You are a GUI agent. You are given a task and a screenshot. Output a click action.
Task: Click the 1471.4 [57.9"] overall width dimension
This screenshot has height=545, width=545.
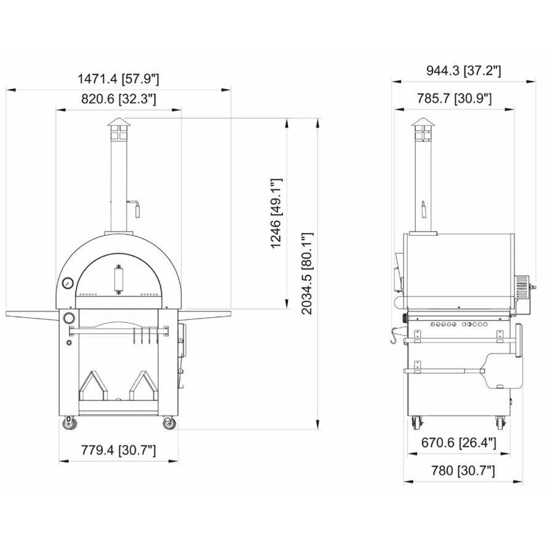coord(118,78)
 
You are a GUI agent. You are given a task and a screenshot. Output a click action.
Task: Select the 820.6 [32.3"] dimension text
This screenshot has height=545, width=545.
coord(118,98)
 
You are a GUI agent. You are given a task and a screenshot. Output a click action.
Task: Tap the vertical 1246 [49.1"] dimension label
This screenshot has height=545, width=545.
coord(277,213)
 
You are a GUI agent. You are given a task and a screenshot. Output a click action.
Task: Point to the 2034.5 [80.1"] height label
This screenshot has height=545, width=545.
coord(307,273)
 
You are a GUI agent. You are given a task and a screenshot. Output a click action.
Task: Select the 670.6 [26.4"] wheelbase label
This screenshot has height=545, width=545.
coord(458,443)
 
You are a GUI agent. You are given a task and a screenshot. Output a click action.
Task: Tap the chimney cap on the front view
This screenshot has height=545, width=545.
coord(118,127)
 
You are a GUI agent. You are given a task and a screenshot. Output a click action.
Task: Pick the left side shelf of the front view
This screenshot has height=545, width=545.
coord(31,314)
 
